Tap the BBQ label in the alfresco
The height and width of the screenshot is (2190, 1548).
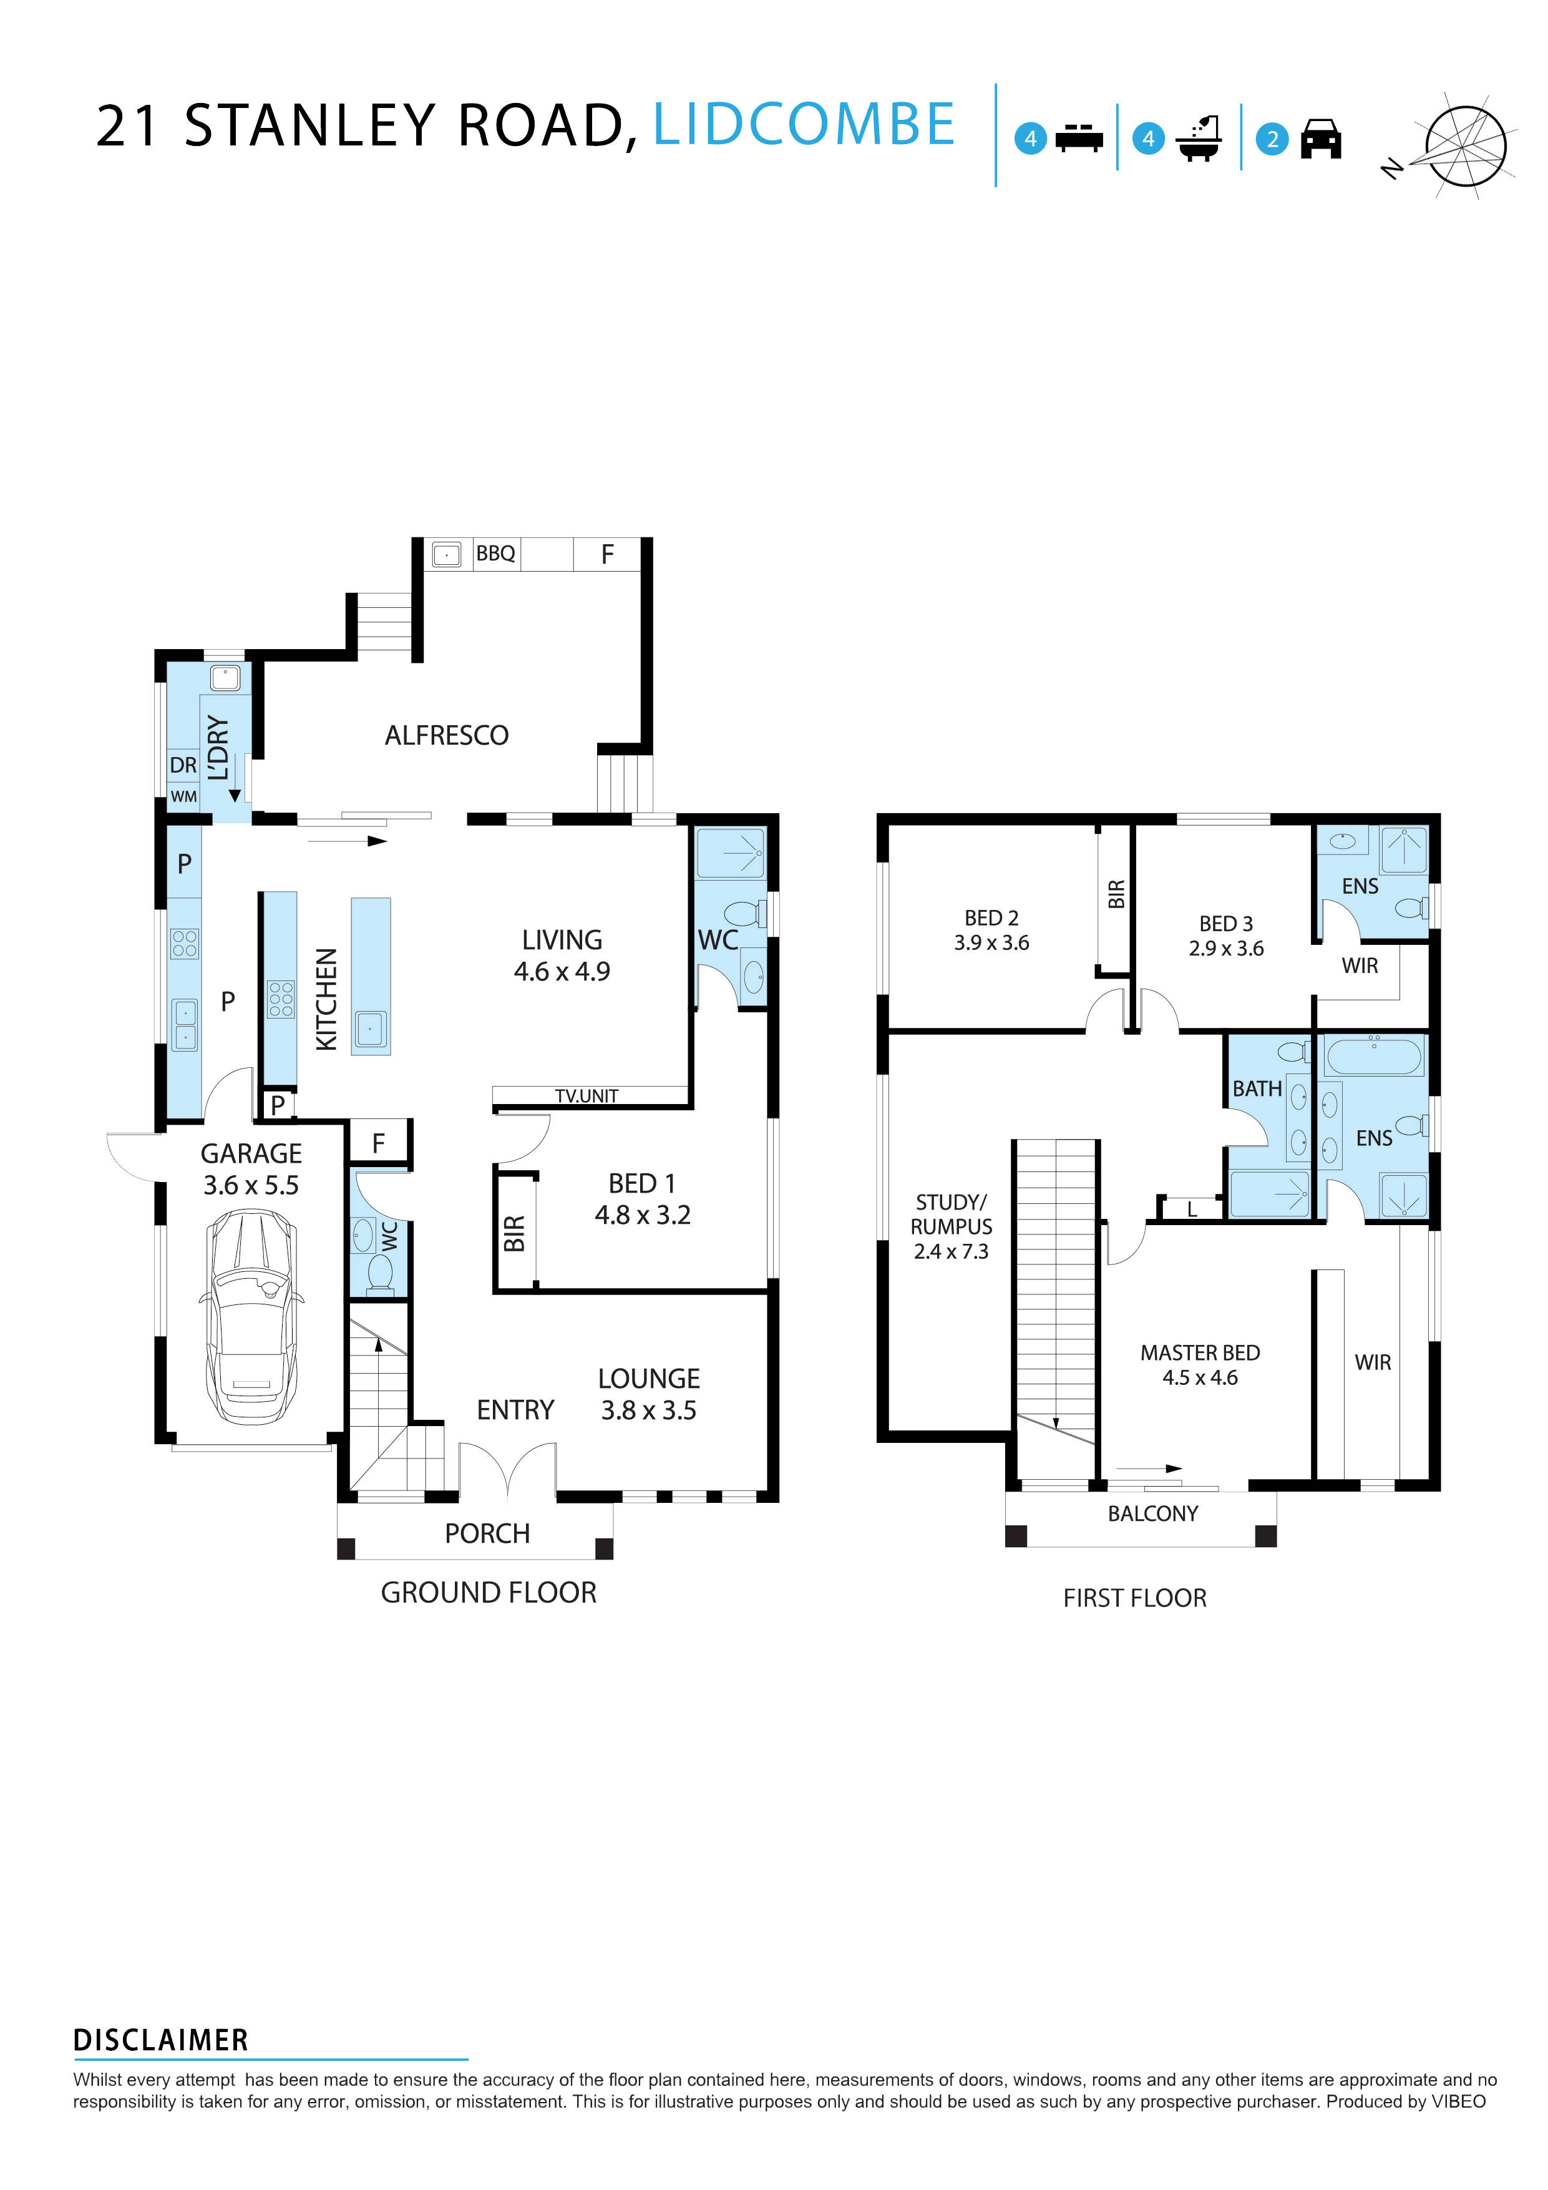coord(495,553)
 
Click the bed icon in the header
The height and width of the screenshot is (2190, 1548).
coord(1079,139)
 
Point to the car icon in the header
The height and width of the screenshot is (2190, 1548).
coord(1321,139)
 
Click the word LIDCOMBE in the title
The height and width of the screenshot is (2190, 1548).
coord(803,125)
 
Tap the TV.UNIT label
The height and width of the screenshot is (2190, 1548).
coord(587,1096)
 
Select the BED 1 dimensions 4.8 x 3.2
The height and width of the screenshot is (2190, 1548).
coord(642,1215)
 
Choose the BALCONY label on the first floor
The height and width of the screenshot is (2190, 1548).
coord(1152,1513)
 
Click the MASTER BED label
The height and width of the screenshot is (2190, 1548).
coord(1199,1352)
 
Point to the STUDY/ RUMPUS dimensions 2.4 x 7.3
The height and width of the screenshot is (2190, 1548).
coord(950,1251)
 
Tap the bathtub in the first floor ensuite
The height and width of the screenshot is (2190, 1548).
coord(1373,1057)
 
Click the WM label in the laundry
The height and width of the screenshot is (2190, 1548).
coord(183,796)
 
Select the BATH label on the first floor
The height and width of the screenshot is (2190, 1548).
coord(1256,1088)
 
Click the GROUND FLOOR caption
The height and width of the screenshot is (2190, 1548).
coord(489,1592)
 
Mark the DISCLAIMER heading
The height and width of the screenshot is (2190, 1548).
coord(160,2040)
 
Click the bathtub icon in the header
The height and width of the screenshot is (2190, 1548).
coord(1199,139)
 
